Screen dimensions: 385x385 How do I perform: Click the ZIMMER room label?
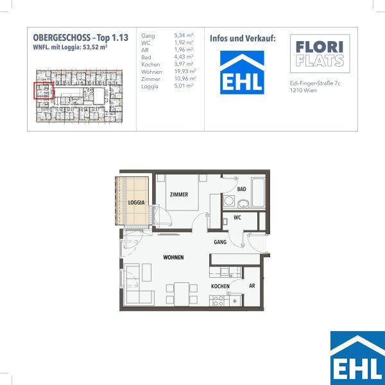(x=179, y=194)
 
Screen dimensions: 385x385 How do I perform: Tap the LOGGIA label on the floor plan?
(x=136, y=203)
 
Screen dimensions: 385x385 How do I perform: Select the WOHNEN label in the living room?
(x=173, y=257)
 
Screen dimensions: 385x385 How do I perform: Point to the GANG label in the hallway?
(x=220, y=242)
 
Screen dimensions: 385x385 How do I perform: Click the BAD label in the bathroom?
(x=242, y=189)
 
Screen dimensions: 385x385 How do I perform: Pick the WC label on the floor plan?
(x=237, y=218)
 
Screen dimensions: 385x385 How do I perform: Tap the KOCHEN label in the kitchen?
(x=220, y=286)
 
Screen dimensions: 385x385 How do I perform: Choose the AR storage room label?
(x=252, y=286)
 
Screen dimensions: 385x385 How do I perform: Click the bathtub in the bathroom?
(x=258, y=193)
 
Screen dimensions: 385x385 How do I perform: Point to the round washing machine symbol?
(x=229, y=201)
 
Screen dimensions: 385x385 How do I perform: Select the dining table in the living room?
(x=182, y=294)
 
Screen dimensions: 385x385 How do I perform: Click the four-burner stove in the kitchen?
(x=218, y=301)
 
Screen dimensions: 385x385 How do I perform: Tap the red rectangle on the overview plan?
(x=44, y=91)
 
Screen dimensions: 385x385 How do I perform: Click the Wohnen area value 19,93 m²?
(x=185, y=71)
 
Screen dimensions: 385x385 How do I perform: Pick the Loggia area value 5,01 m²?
(x=184, y=86)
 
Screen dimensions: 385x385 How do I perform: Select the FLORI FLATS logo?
(x=320, y=53)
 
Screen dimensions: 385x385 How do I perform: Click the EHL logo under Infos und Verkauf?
(x=242, y=73)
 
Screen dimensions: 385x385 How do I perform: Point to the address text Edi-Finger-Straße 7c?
(x=315, y=83)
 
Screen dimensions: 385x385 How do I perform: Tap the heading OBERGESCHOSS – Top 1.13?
(x=81, y=38)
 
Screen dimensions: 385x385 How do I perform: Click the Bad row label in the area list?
(x=146, y=58)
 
